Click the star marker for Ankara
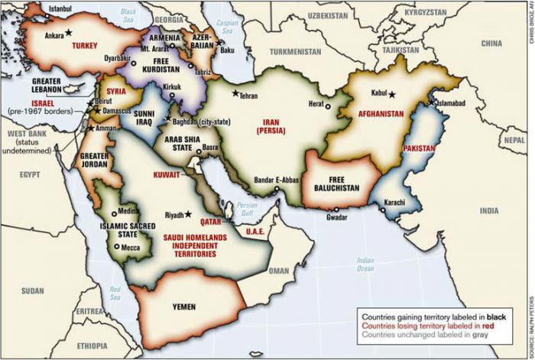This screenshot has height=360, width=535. pos(69,32)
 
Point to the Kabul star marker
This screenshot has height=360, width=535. pos(393,94)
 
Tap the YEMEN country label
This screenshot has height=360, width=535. pos(184,306)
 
